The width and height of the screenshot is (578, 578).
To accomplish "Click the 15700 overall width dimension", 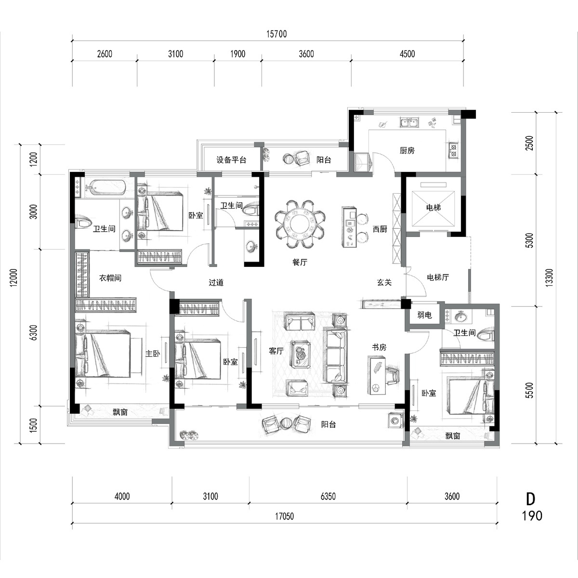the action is click(x=276, y=34).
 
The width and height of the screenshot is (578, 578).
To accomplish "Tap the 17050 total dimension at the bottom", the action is click(x=284, y=516).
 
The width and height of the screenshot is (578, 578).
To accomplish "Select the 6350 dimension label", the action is click(x=328, y=497).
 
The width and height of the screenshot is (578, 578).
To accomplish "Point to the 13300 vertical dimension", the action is click(x=549, y=278).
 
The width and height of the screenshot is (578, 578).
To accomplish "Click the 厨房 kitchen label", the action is click(x=407, y=150).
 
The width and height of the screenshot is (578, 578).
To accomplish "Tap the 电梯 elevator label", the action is click(x=433, y=207).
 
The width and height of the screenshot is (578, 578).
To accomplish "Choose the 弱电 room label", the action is click(x=424, y=315).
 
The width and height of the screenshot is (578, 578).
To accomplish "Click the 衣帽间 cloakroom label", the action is click(x=110, y=278).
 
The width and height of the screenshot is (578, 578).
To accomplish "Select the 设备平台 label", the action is click(x=231, y=160).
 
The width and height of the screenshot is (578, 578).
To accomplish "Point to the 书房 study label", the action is click(x=379, y=347).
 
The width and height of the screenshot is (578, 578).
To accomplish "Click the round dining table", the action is click(x=300, y=224).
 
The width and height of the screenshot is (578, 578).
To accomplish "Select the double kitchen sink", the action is click(x=409, y=122).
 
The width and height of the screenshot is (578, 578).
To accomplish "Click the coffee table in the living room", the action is click(x=300, y=354).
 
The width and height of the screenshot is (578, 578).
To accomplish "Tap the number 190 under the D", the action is click(x=532, y=516).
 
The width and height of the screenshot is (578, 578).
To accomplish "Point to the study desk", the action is click(x=377, y=375).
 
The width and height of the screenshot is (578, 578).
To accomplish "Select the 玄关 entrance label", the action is click(x=384, y=282).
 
